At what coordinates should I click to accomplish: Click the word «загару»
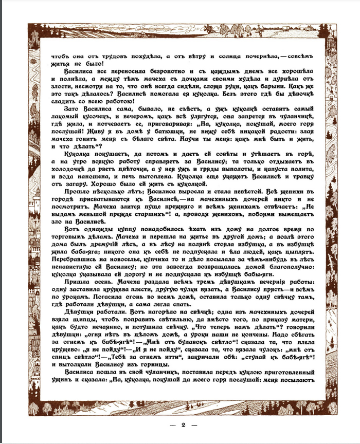(78, 197)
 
